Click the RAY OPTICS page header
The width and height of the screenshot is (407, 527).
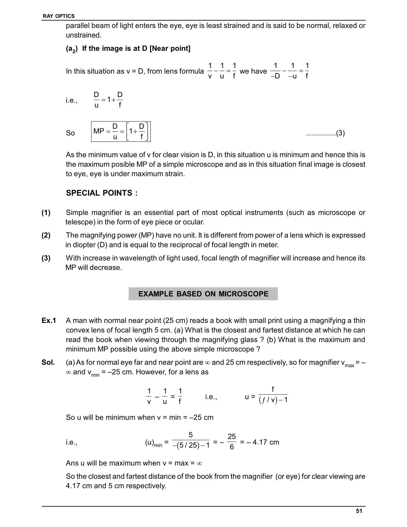[58, 16]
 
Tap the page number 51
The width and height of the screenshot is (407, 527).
[359, 511]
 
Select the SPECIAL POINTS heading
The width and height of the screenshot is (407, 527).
[102, 193]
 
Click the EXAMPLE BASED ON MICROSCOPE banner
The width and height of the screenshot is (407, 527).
[203, 294]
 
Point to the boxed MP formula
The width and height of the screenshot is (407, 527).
[121, 132]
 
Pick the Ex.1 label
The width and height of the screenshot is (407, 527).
[49, 320]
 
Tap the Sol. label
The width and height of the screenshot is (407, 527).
[48, 362]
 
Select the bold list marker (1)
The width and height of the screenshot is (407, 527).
[46, 213]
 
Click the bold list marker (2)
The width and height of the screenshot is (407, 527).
[46, 235]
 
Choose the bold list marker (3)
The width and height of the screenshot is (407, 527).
[46, 258]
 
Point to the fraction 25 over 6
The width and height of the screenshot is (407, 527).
[232, 442]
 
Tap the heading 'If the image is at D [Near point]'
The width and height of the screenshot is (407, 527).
[136, 49]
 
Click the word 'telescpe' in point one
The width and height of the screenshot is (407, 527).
[78, 222]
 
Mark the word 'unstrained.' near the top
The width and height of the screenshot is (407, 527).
[84, 35]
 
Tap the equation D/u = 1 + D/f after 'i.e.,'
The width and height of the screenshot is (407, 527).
[108, 100]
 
